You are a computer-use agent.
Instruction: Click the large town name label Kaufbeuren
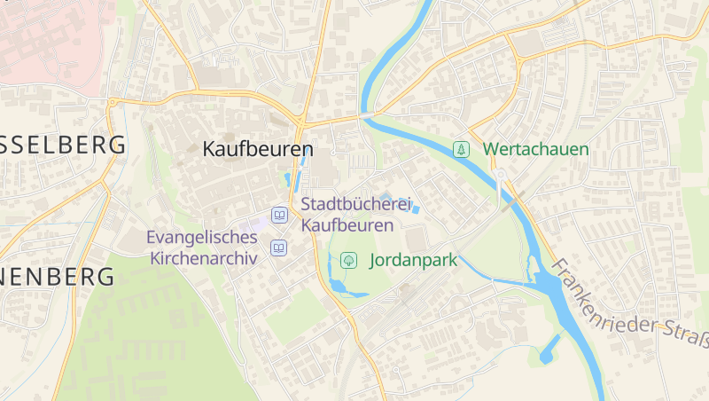(258, 149)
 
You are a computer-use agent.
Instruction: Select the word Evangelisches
(203, 238)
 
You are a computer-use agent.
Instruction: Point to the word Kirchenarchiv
(203, 258)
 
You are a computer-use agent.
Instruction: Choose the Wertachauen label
(535, 149)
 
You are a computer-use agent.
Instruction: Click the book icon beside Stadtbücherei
(279, 215)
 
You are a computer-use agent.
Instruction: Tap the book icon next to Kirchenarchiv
(279, 248)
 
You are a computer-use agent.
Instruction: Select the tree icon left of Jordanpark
(348, 261)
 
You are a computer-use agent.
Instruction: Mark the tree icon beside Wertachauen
(461, 149)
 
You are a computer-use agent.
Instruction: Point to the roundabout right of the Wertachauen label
(501, 174)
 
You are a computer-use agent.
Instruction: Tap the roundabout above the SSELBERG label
(111, 103)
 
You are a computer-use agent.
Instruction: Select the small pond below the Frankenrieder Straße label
(549, 348)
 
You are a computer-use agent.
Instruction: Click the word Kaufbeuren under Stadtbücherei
(347, 225)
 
